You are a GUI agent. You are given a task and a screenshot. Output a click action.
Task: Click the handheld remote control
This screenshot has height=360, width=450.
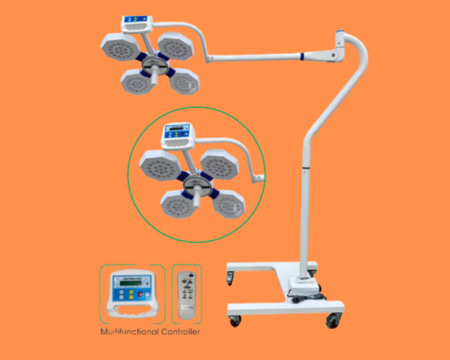[x=187, y=292]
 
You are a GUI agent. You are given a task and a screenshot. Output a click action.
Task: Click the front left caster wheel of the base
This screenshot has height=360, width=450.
[x=235, y=319]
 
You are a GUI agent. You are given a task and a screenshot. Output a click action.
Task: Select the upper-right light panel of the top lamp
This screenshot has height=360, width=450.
[x=170, y=43]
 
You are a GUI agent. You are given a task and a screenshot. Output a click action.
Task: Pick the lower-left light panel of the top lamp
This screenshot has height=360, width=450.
[x=138, y=82]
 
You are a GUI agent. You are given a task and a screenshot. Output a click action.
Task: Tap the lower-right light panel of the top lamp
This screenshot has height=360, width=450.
[x=183, y=81]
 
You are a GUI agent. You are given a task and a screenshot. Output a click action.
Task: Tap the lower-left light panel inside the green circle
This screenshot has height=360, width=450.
[x=180, y=205]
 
